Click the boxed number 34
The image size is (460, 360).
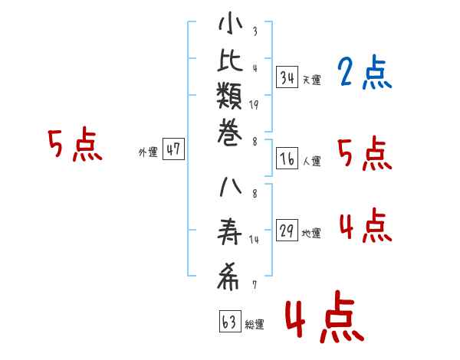[287, 77]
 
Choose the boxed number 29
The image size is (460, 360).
[287, 231]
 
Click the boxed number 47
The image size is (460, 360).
[173, 149]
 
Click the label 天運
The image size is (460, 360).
[311, 80]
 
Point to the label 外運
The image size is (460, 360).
[147, 152]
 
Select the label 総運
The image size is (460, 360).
[254, 324]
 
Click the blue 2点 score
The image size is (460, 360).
[364, 74]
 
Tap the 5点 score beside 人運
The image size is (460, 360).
[364, 154]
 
